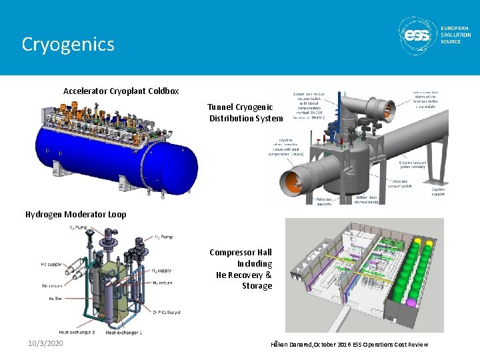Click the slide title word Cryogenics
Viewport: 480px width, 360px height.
pyautogui.click(x=68, y=44)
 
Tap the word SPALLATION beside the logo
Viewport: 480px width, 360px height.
pyautogui.click(x=455, y=35)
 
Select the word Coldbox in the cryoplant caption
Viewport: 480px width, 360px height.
pyautogui.click(x=163, y=91)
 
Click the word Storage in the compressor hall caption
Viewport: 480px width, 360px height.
pyautogui.click(x=257, y=286)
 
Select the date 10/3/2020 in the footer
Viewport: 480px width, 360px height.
pyautogui.click(x=46, y=343)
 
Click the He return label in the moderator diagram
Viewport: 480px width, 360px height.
pyautogui.click(x=52, y=285)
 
